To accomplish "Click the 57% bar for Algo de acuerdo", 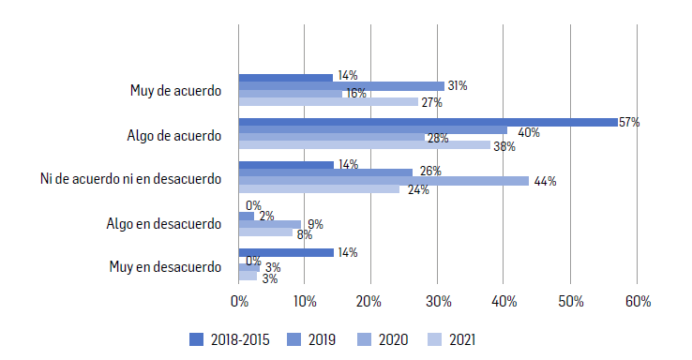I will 428,122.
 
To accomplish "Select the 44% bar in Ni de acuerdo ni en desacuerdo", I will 384,180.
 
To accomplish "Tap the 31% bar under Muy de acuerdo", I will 341,86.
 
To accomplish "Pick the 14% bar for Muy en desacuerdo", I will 286,252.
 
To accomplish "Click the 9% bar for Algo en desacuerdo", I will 270,224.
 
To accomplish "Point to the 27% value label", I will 431,102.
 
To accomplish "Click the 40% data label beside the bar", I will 528,132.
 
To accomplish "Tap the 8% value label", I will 304,234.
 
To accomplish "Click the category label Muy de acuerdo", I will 175,91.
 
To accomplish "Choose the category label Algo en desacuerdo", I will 164,223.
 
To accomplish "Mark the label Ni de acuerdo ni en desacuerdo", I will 130,178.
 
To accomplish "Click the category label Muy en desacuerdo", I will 165,266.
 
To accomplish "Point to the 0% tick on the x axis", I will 239,302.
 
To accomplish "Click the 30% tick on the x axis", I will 438,302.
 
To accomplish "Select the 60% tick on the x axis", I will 637,302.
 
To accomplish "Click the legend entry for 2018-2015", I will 230,339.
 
